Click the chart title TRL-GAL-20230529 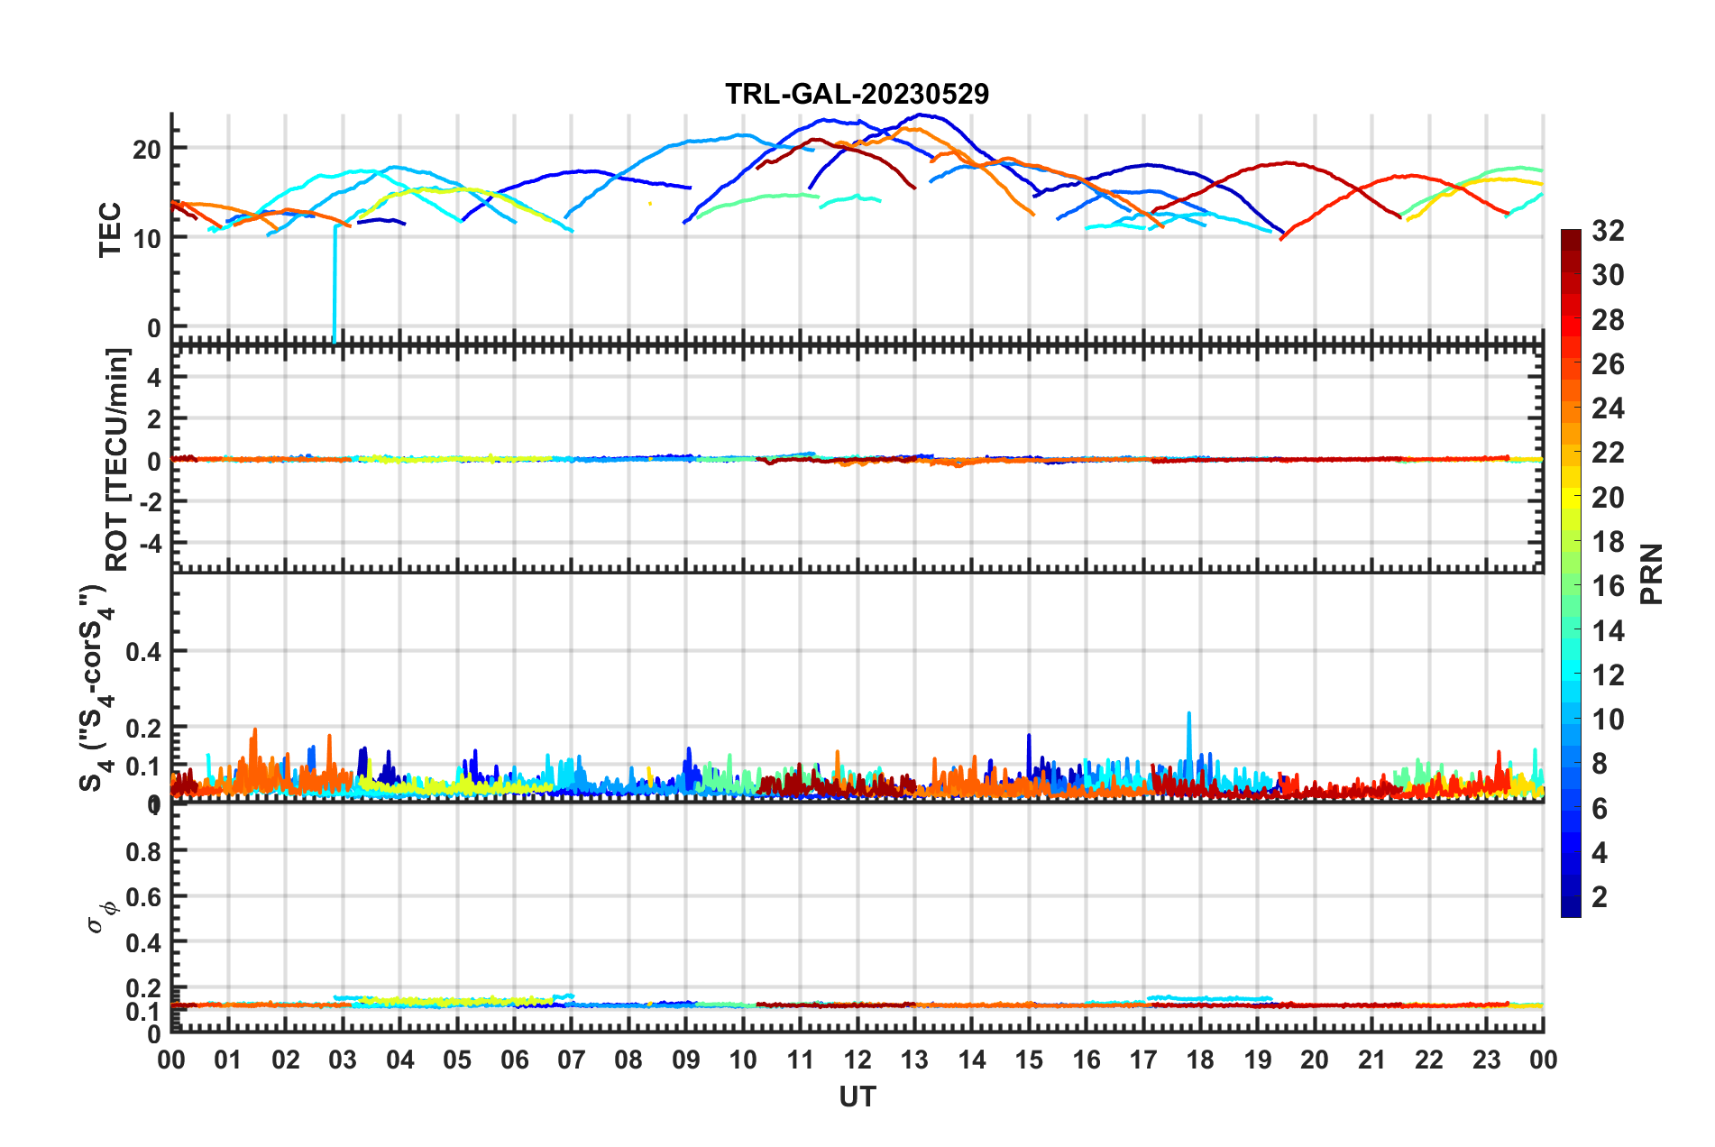[x=857, y=94]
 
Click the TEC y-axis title [x=110, y=230]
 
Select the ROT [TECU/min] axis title [x=118, y=460]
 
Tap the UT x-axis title [x=857, y=1097]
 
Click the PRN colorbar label [x=1652, y=574]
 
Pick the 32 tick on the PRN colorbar [x=1608, y=232]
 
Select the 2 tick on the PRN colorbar [x=1600, y=897]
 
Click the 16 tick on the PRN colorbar [x=1608, y=586]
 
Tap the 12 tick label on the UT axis [x=857, y=1060]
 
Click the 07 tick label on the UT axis [x=571, y=1060]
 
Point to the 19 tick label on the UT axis [x=1257, y=1060]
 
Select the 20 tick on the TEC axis [x=146, y=150]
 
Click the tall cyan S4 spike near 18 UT [x=1188, y=714]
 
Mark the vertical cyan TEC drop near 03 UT [x=335, y=289]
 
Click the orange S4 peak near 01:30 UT [x=255, y=730]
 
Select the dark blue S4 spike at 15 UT [x=1029, y=736]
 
